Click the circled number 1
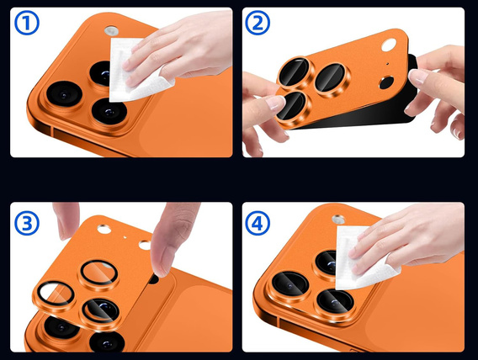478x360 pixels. click(x=27, y=23)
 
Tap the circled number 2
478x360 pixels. click(x=258, y=23)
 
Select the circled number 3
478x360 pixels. click(x=27, y=223)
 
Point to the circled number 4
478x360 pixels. click(x=258, y=223)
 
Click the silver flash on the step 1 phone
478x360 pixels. click(x=111, y=31)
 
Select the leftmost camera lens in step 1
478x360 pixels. click(x=64, y=94)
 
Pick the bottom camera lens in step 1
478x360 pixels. click(x=109, y=111)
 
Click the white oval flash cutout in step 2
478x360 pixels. click(x=389, y=45)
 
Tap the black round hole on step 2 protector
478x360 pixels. click(x=386, y=82)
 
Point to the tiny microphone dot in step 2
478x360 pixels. click(x=387, y=64)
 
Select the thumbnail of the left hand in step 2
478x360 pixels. click(x=275, y=103)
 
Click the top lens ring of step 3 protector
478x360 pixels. click(x=99, y=272)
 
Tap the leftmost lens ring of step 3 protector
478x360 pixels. click(x=56, y=294)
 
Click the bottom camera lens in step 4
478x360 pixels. click(x=335, y=301)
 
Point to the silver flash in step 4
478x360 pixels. click(x=338, y=219)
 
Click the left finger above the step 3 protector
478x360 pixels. click(x=66, y=220)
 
